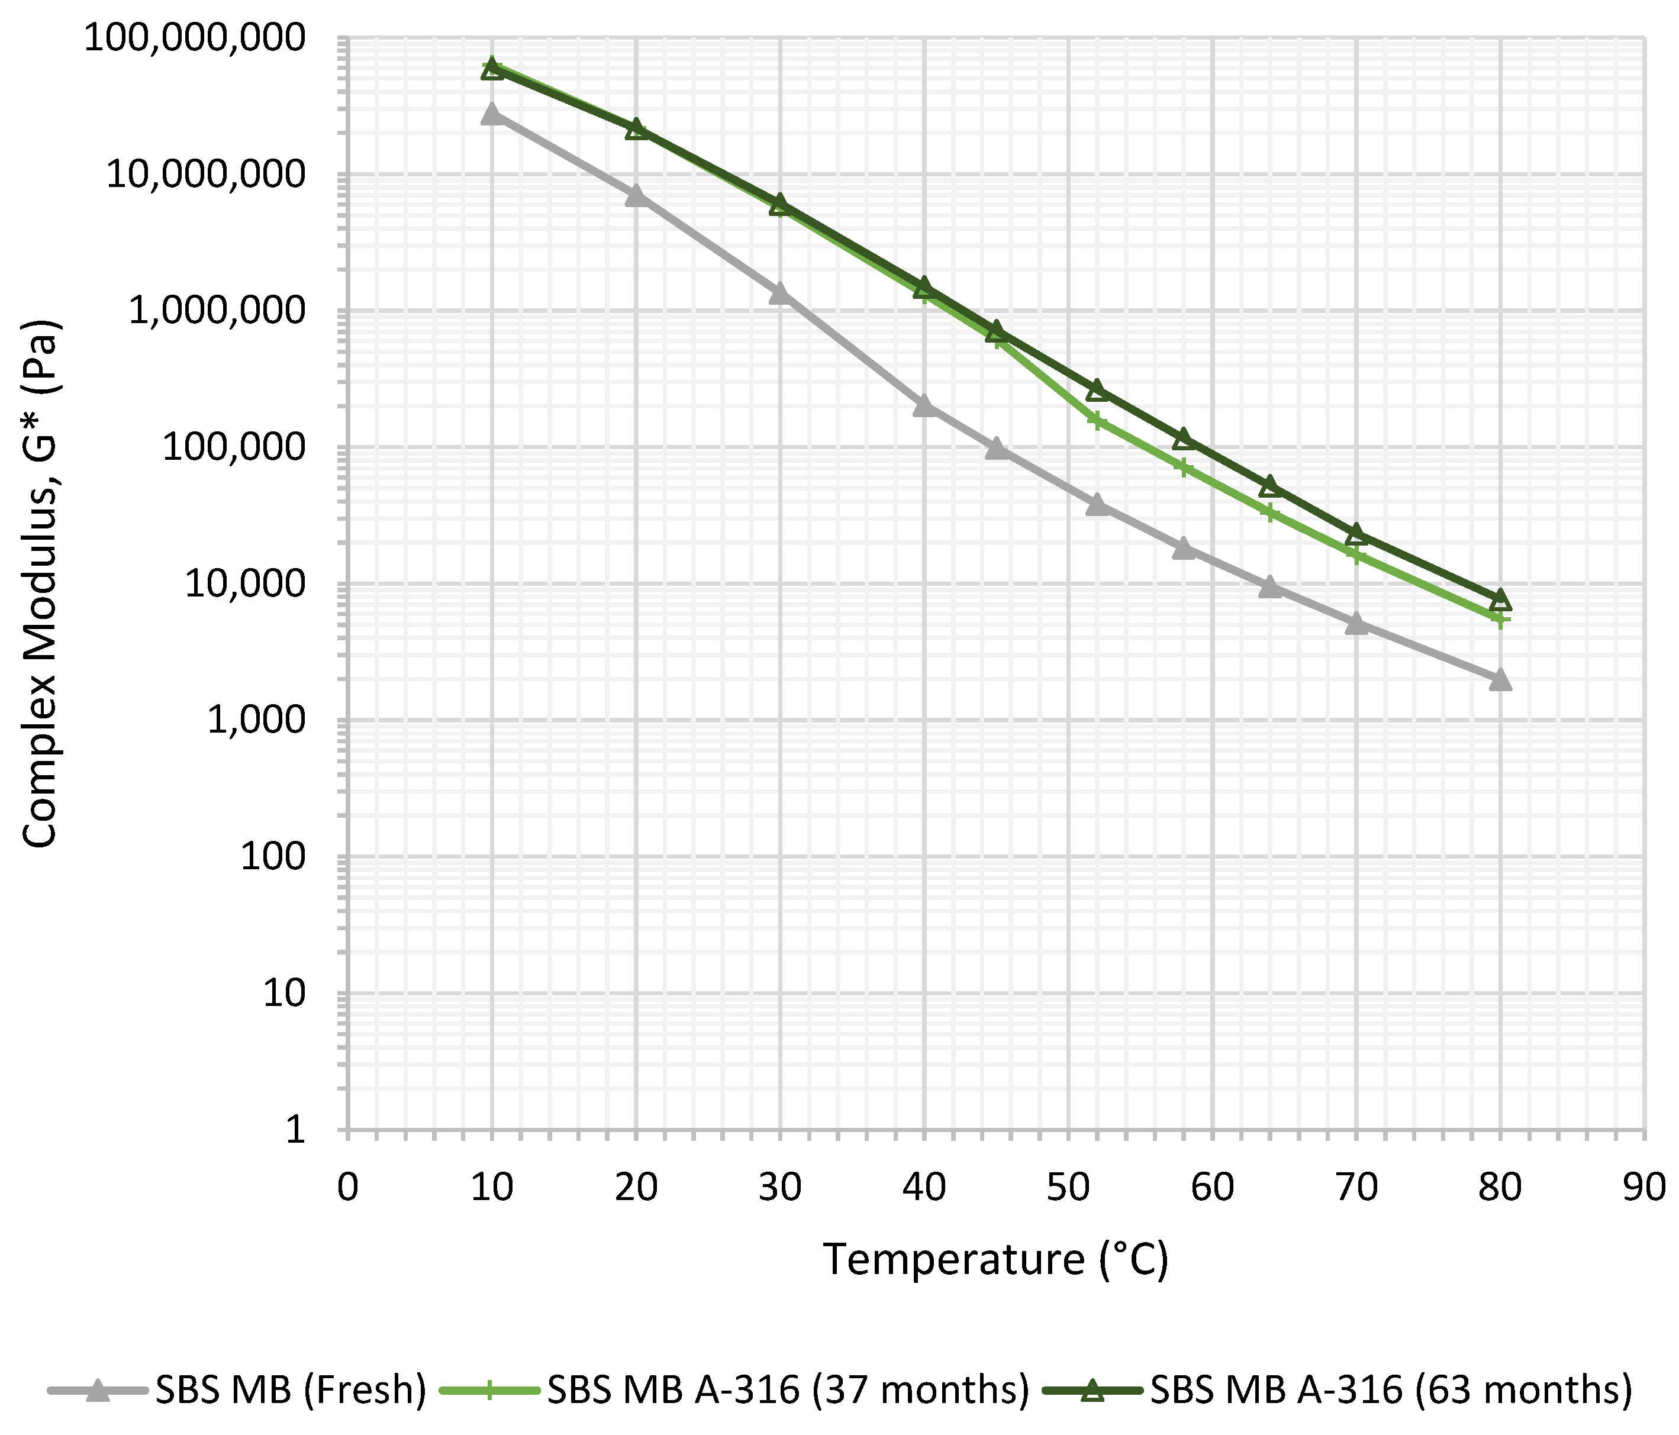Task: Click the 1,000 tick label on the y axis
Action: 257,720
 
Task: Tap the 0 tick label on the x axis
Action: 347,1188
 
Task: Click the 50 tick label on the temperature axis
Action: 1068,1188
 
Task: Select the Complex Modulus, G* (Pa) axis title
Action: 40,583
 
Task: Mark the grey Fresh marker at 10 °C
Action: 491,114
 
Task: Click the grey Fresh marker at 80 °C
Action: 1500,679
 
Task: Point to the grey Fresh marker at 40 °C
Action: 924,405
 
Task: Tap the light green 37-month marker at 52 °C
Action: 1097,421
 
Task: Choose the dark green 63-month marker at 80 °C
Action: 1500,599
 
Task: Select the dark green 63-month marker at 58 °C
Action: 1183,439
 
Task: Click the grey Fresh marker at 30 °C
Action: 779,292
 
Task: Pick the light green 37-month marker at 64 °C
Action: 1270,512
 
